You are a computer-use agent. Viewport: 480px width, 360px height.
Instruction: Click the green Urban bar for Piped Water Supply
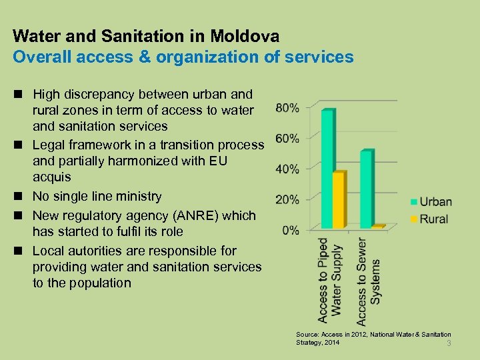[x=327, y=170]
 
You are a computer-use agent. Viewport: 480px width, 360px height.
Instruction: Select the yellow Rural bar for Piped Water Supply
[x=339, y=200]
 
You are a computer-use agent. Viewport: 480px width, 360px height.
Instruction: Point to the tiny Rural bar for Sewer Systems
[x=378, y=227]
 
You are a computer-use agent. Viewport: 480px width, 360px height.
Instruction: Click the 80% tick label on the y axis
[x=287, y=107]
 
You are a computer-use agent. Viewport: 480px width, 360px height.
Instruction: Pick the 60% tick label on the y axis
[x=287, y=138]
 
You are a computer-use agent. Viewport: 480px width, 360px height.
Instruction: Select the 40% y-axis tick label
[x=287, y=169]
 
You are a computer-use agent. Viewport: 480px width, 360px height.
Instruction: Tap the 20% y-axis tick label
[x=287, y=199]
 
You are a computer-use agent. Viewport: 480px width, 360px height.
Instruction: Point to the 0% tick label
[x=290, y=230]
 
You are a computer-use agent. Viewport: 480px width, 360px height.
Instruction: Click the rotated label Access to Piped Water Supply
[x=330, y=280]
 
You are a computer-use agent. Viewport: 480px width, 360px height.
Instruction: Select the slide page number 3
[x=449, y=343]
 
